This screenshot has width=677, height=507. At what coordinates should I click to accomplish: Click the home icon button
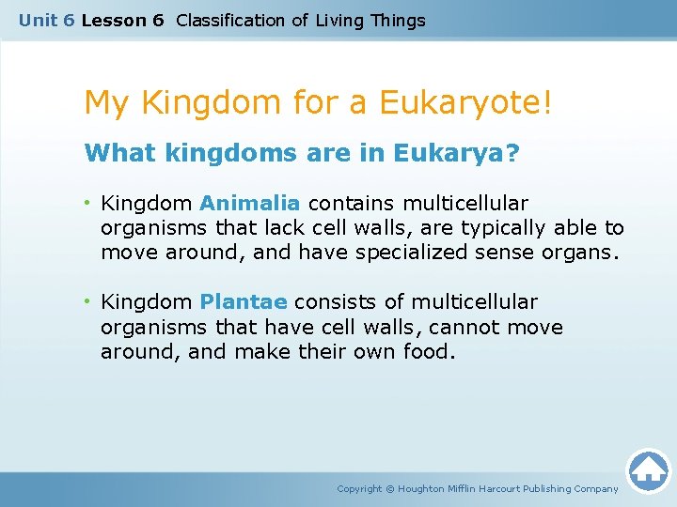(x=648, y=469)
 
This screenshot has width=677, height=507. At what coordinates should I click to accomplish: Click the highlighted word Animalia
(x=250, y=203)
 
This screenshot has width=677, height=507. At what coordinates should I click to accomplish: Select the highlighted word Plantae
(x=244, y=301)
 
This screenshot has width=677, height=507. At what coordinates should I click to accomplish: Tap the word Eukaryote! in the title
(x=466, y=102)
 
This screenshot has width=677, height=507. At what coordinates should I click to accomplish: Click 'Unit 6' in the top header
(x=47, y=20)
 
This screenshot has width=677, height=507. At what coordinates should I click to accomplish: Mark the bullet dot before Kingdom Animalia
(x=87, y=204)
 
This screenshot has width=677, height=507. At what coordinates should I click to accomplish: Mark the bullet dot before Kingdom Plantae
(x=87, y=302)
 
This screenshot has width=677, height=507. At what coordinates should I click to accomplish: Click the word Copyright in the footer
(x=359, y=488)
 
